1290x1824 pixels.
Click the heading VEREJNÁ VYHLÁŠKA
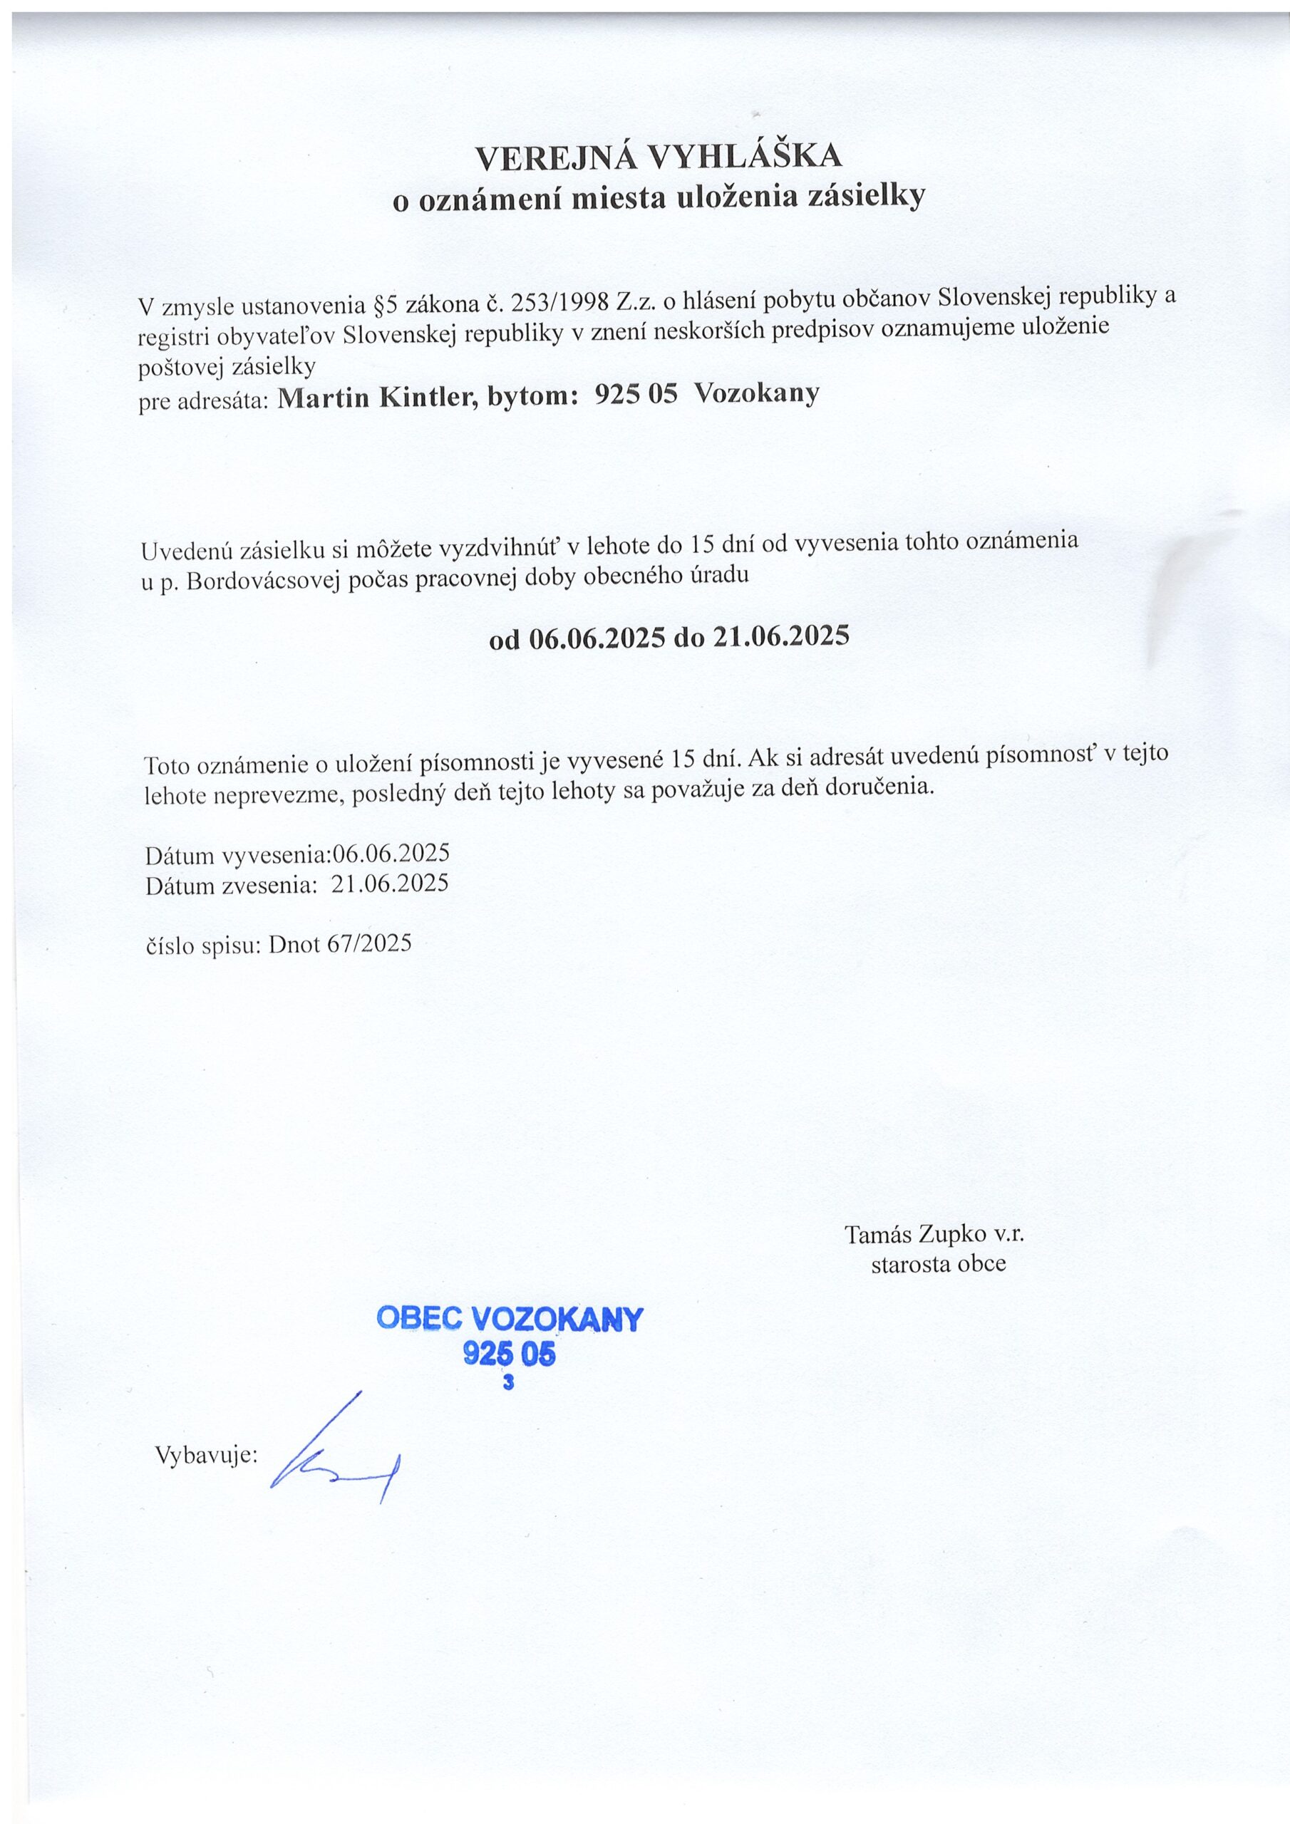[659, 157]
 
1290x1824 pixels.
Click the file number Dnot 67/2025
[340, 944]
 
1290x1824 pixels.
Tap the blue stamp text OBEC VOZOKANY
[509, 1320]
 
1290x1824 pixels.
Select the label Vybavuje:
[206, 1455]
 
